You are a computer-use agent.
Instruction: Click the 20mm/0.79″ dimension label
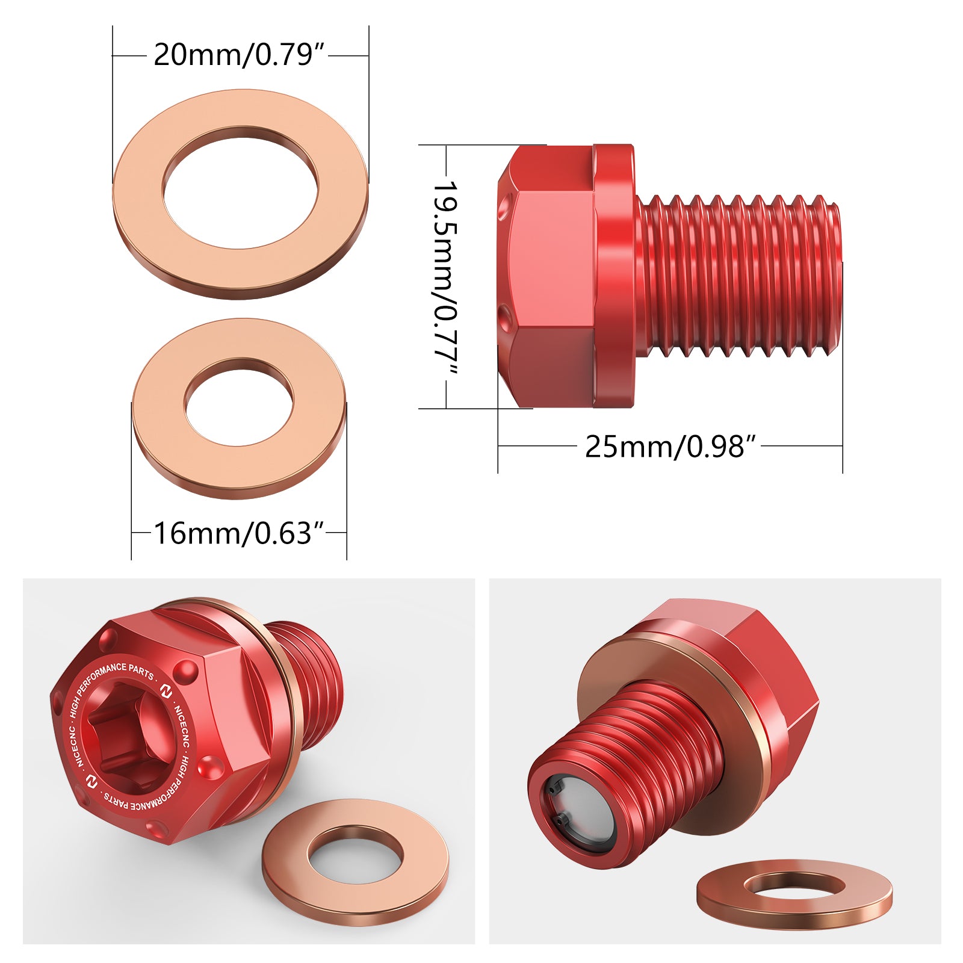click(x=240, y=55)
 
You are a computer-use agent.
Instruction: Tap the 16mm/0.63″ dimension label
click(x=240, y=533)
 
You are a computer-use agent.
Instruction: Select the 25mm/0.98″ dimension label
click(x=670, y=447)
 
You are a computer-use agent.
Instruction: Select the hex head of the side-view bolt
click(x=547, y=277)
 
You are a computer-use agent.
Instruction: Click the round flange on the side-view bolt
click(x=614, y=276)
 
